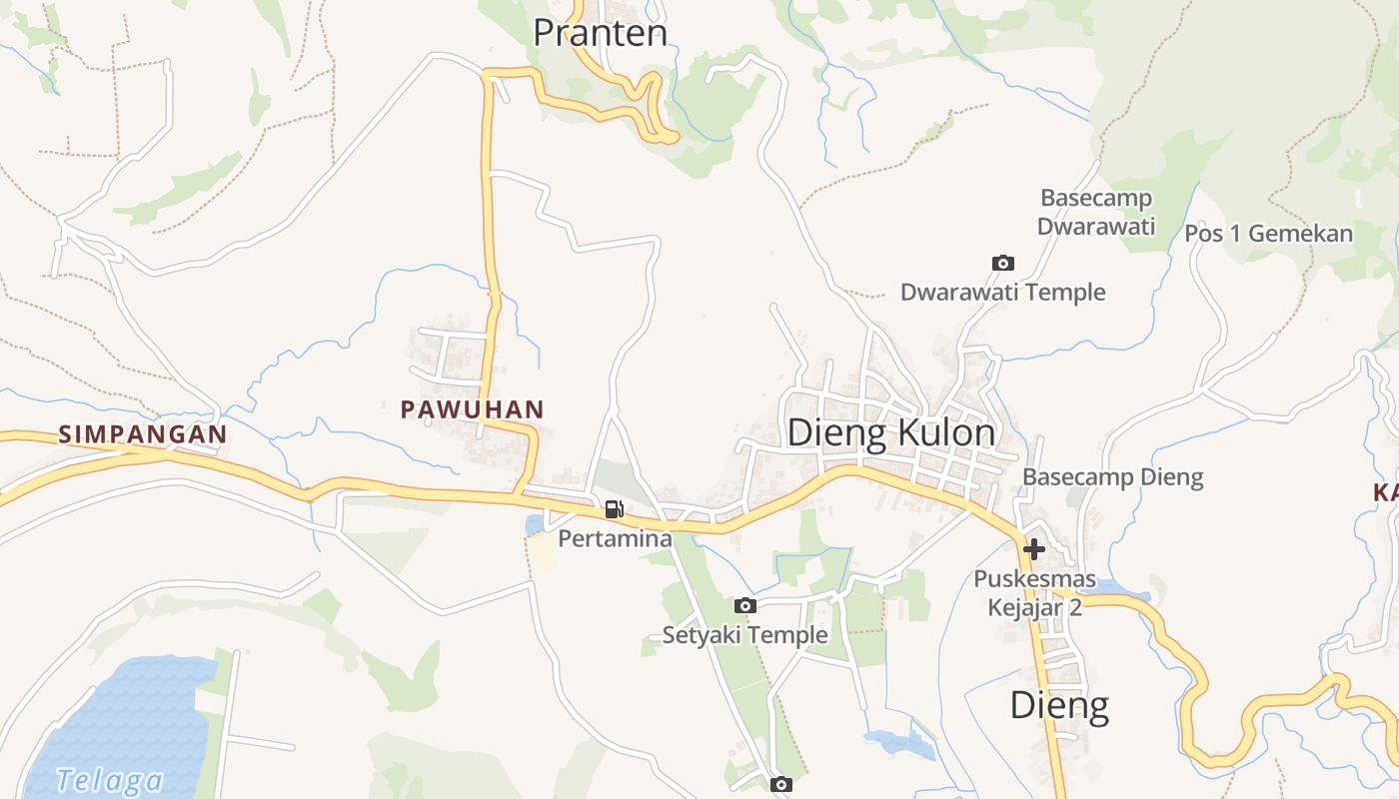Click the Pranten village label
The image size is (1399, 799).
pyautogui.click(x=600, y=33)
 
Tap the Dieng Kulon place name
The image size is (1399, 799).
pyautogui.click(x=890, y=432)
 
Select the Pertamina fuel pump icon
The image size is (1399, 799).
pyautogui.click(x=614, y=509)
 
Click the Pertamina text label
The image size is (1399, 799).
pyautogui.click(x=615, y=539)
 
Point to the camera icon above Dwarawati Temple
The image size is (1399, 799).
pyautogui.click(x=1002, y=263)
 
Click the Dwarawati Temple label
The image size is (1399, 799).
pyautogui.click(x=1002, y=292)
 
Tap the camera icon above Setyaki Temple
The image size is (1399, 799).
pyautogui.click(x=744, y=605)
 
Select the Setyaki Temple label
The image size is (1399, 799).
pyautogui.click(x=744, y=634)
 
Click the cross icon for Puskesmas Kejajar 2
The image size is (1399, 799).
pyautogui.click(x=1034, y=548)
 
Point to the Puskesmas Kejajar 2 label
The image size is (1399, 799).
pyautogui.click(x=1034, y=593)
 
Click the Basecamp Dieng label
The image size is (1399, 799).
pyautogui.click(x=1112, y=476)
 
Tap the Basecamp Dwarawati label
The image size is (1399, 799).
pyautogui.click(x=1096, y=212)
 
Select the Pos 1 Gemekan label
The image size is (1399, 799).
pyautogui.click(x=1268, y=234)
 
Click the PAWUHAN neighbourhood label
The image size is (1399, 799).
pyautogui.click(x=472, y=408)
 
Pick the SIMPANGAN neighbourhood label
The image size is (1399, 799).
pyautogui.click(x=143, y=434)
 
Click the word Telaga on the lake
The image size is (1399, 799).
pyautogui.click(x=109, y=780)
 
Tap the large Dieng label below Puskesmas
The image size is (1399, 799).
pyautogui.click(x=1059, y=705)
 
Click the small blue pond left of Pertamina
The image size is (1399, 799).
pyautogui.click(x=535, y=523)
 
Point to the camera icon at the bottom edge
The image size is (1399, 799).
pyautogui.click(x=781, y=784)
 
